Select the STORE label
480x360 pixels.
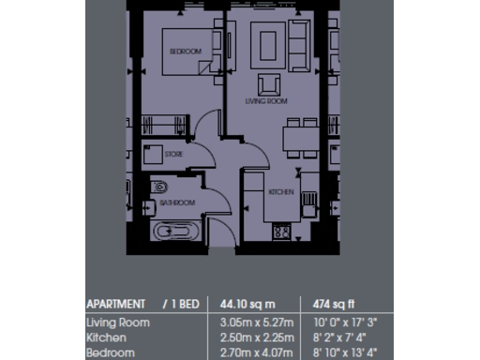coord(173,154)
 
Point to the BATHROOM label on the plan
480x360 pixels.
coord(176,202)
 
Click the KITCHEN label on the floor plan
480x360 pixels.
coord(281,191)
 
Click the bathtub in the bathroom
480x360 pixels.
coord(176,231)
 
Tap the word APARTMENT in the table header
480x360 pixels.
coord(115,304)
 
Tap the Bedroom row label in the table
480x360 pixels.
coord(109,352)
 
